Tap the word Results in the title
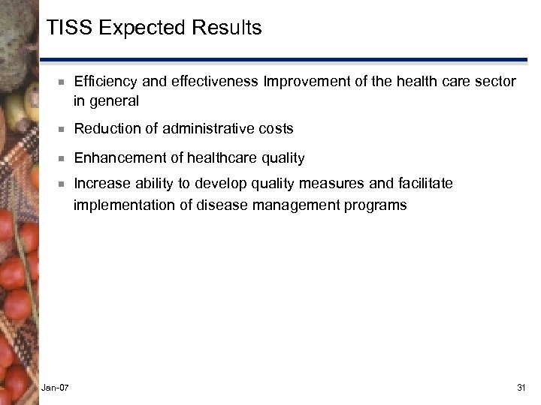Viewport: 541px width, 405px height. tap(227, 28)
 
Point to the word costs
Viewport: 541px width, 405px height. tap(275, 129)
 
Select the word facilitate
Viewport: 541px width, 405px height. tap(427, 184)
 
